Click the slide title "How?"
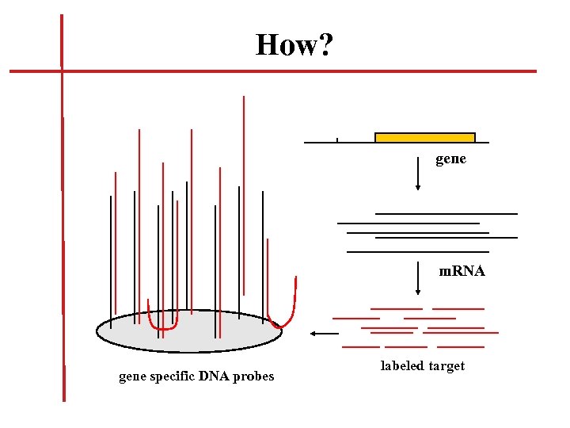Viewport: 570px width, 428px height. (294, 45)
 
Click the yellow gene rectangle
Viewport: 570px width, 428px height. (424, 138)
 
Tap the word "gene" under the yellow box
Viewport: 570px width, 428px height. (450, 159)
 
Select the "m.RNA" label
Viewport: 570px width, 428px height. (462, 271)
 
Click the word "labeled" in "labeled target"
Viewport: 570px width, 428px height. (402, 365)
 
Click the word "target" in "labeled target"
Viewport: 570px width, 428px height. (446, 365)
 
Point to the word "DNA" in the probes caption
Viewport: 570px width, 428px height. (214, 376)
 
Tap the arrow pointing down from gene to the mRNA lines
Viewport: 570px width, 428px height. (418, 174)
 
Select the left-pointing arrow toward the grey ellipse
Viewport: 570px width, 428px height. (324, 334)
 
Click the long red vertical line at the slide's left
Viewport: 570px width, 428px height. (63, 238)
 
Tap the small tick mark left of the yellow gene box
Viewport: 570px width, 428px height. (337, 140)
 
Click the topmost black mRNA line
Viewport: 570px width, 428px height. (446, 213)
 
